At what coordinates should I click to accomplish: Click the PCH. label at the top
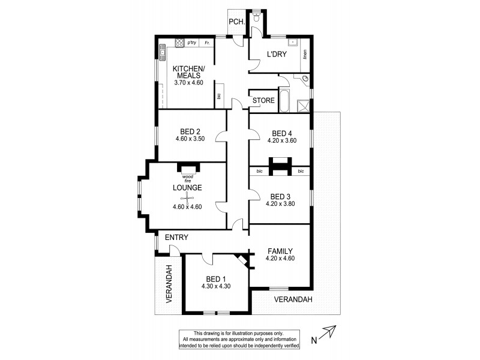click(235, 22)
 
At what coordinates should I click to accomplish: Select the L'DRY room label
click(276, 55)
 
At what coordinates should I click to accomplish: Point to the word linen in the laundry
click(305, 55)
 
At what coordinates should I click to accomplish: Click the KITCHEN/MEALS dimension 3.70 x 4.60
click(189, 82)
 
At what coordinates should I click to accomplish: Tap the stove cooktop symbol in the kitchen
click(178, 42)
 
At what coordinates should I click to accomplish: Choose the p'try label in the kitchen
click(192, 43)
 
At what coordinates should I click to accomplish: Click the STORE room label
click(263, 100)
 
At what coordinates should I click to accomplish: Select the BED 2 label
click(189, 131)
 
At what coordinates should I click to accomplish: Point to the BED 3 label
click(280, 196)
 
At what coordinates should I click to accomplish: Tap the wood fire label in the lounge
click(188, 178)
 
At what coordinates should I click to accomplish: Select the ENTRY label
click(177, 238)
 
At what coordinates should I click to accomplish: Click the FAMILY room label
click(280, 251)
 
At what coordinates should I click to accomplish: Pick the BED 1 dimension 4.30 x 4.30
click(216, 286)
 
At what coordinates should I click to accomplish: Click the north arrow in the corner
click(326, 333)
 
